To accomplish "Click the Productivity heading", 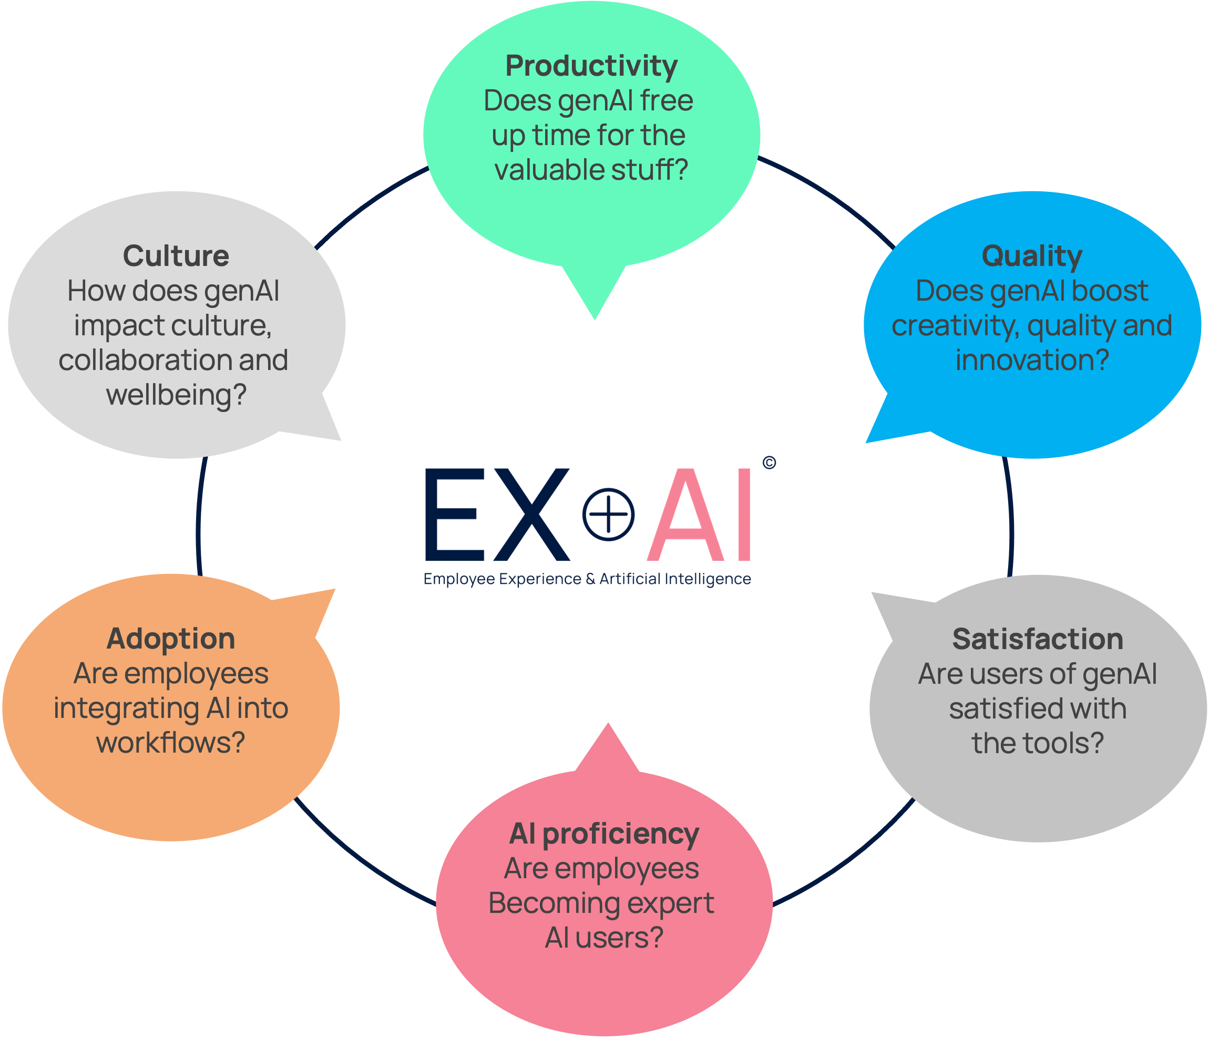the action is [x=591, y=66].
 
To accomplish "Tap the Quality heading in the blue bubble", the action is [x=1032, y=256].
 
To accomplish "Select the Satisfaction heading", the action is [x=1038, y=639].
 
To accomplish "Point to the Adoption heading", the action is [x=171, y=639].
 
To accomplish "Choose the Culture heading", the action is [x=176, y=256].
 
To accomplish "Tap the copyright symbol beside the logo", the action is [x=769, y=463].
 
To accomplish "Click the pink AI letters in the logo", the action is [x=699, y=515].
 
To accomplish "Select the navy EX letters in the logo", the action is [x=496, y=515].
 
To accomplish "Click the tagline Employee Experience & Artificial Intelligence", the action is [x=587, y=579].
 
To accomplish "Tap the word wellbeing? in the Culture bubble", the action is [x=176, y=395].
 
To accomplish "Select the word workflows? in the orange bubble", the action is [x=170, y=743].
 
